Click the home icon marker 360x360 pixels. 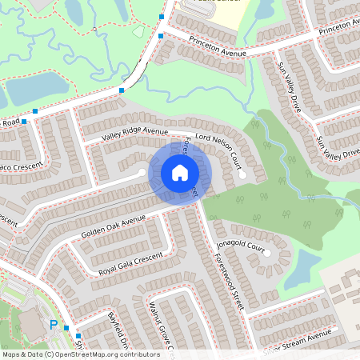(180, 173)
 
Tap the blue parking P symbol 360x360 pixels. (54, 325)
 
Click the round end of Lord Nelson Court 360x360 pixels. (242, 173)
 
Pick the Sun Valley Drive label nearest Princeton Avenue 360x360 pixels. (292, 89)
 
